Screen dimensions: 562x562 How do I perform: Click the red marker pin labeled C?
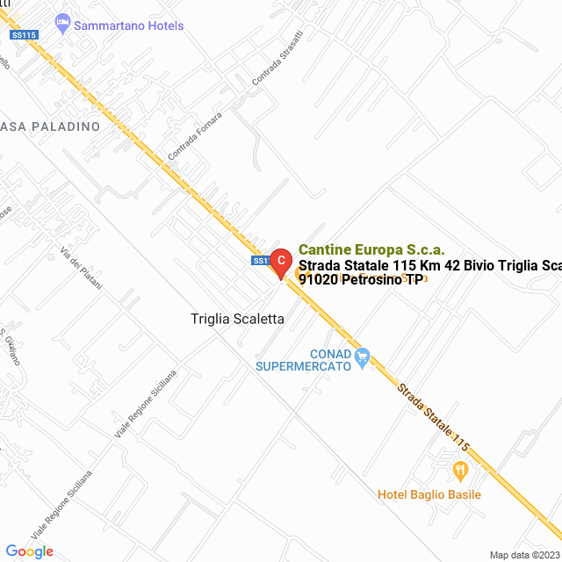280,261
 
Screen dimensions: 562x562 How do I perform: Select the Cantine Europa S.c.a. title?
371,249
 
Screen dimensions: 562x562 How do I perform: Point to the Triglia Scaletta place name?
237,320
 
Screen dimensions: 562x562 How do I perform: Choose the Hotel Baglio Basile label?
429,494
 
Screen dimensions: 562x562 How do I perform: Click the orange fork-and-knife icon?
459,472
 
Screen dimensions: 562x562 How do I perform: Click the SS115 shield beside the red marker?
260,261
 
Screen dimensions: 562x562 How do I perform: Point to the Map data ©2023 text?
523,555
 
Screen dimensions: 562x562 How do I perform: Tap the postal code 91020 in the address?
318,280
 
